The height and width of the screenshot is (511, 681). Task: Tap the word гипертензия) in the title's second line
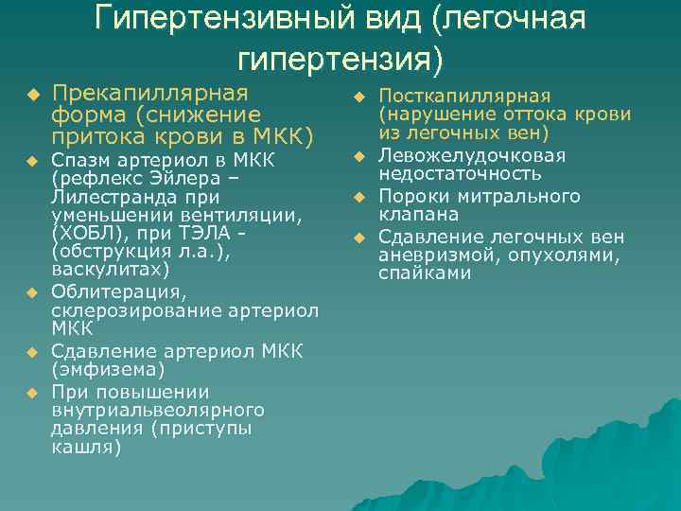click(x=340, y=58)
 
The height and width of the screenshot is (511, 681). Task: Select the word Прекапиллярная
click(x=149, y=94)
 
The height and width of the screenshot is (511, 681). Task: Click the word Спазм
click(x=79, y=159)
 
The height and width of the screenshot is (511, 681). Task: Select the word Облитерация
click(x=109, y=291)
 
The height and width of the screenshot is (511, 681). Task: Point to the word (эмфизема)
click(x=108, y=368)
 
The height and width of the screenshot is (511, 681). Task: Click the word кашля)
click(x=86, y=447)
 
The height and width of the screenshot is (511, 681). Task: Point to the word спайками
click(x=425, y=273)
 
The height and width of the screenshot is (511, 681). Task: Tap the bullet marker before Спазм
click(x=29, y=159)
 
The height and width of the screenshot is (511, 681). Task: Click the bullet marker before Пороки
click(x=359, y=197)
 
